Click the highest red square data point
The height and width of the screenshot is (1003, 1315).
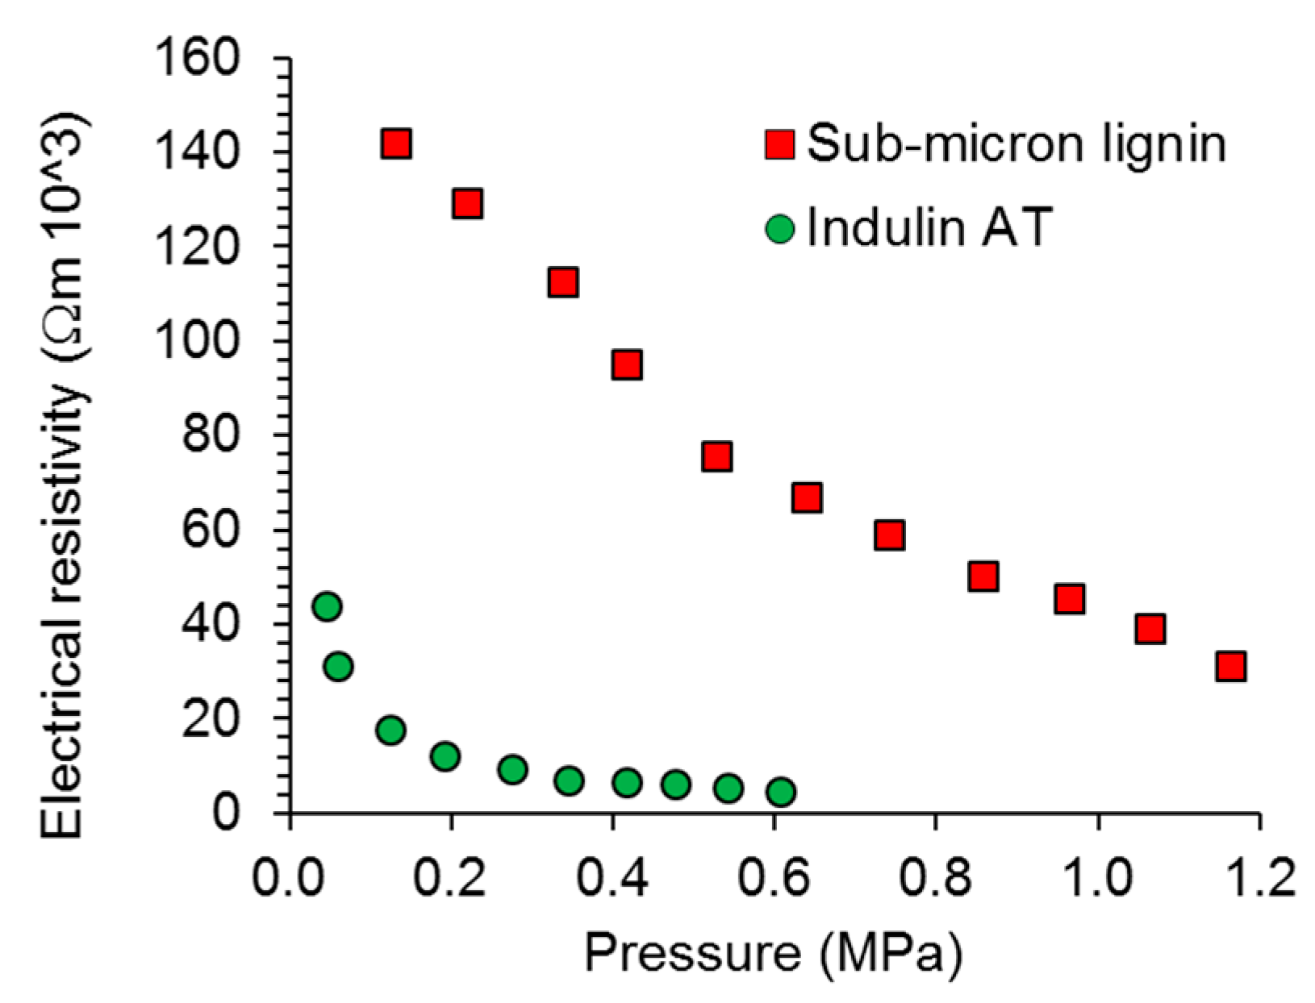pyautogui.click(x=396, y=144)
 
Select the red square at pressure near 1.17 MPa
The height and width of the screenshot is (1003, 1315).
pyautogui.click(x=1231, y=666)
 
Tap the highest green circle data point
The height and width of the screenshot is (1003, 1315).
pyautogui.click(x=327, y=606)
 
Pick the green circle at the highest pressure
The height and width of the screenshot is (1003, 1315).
pyautogui.click(x=780, y=792)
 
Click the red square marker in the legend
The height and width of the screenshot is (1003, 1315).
pyautogui.click(x=780, y=144)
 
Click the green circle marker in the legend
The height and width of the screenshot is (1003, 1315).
pyautogui.click(x=780, y=229)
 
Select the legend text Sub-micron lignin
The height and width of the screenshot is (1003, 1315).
pyautogui.click(x=1016, y=144)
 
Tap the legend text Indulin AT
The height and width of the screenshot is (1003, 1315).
pyautogui.click(x=929, y=227)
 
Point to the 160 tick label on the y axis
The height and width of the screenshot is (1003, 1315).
pyautogui.click(x=198, y=58)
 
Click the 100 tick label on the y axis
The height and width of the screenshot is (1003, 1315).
pyautogui.click(x=198, y=341)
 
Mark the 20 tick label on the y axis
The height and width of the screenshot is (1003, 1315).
pyautogui.click(x=211, y=718)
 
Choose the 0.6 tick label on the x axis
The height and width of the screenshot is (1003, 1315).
pyautogui.click(x=773, y=876)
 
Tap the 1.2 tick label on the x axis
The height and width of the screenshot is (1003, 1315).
pyautogui.click(x=1257, y=876)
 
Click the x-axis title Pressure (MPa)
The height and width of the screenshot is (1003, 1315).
pyautogui.click(x=773, y=955)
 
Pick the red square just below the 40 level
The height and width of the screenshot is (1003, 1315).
pyautogui.click(x=1150, y=628)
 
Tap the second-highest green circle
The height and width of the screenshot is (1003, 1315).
pyautogui.click(x=338, y=666)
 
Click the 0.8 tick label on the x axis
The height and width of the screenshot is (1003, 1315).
pyautogui.click(x=934, y=876)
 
